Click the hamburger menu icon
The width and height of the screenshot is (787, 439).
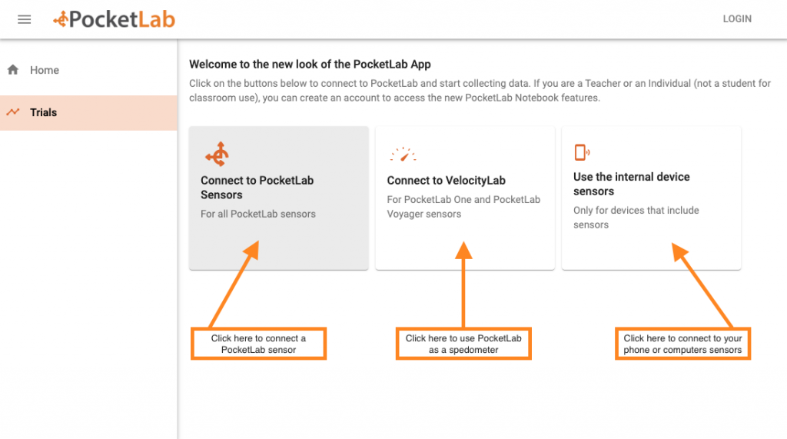point(24,19)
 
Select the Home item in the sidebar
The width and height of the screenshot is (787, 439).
point(45,70)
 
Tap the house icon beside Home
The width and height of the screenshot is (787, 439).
point(13,70)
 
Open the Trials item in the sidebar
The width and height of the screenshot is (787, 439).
point(44,112)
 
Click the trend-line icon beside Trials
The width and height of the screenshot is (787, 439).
point(13,112)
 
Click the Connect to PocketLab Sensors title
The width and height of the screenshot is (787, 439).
point(257,188)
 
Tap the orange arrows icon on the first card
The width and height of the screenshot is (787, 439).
point(217,155)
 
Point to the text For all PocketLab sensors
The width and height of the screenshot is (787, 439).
point(257,214)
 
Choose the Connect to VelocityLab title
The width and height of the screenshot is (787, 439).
point(446,181)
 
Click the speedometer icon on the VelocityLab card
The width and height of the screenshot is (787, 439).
point(402,155)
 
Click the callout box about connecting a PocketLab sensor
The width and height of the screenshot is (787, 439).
point(258,344)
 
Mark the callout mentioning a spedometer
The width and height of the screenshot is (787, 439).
point(463,344)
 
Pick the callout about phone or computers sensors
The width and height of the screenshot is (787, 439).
point(682,344)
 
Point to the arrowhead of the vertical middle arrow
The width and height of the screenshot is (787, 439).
point(463,250)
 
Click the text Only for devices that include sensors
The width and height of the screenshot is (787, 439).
point(636,218)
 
